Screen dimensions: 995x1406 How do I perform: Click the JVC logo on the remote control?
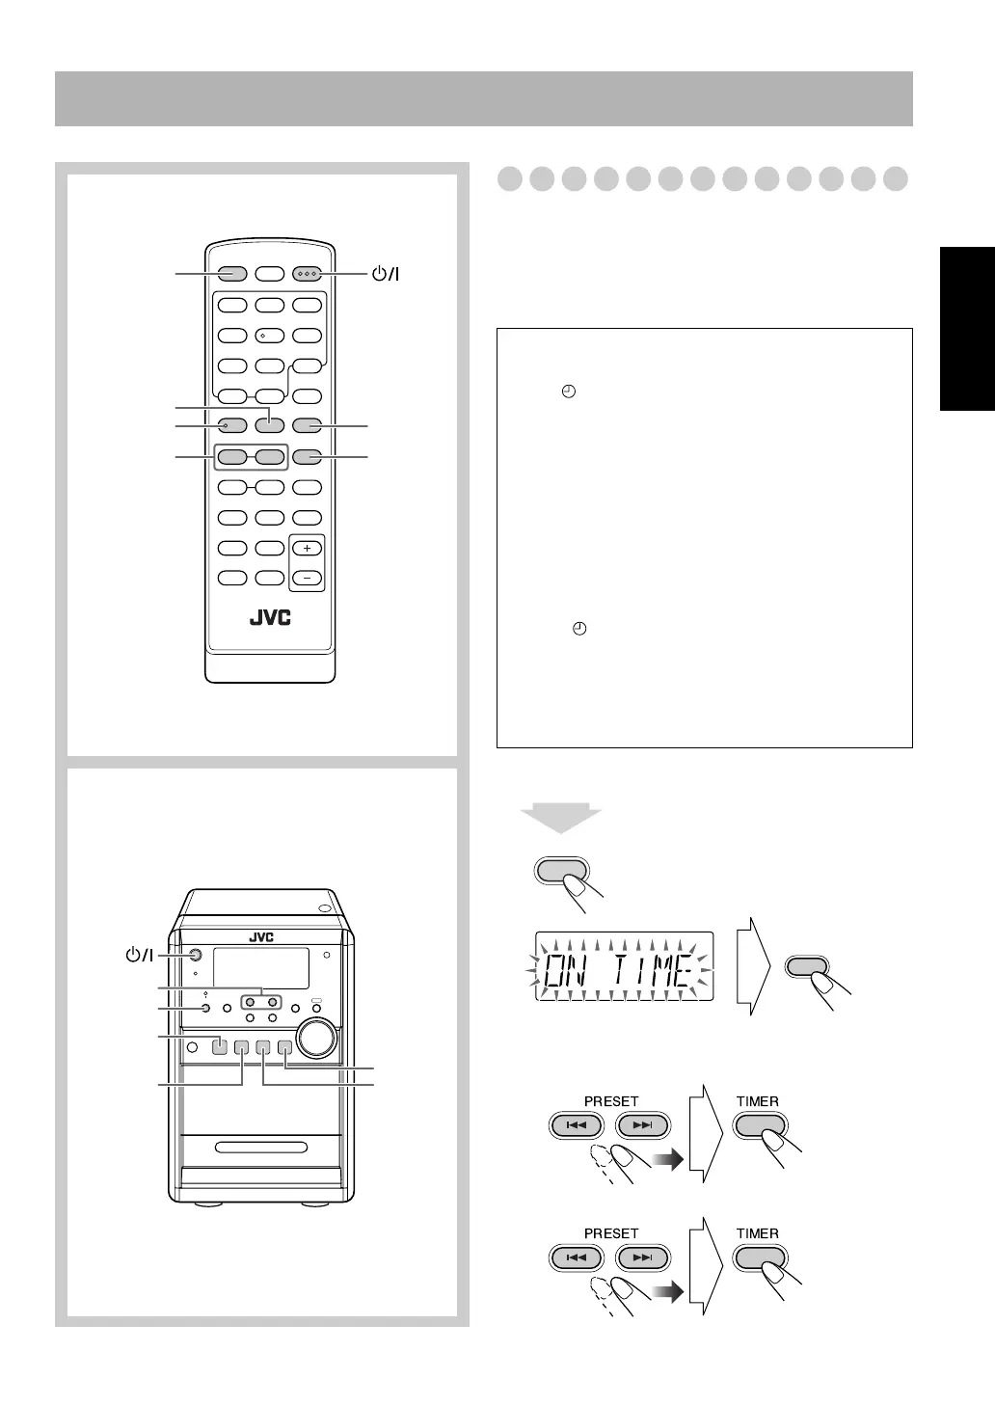tap(270, 618)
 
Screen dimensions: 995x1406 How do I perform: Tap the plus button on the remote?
tap(308, 548)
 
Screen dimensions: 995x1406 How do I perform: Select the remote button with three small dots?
tap(308, 274)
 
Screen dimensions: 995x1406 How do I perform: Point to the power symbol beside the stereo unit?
tap(140, 956)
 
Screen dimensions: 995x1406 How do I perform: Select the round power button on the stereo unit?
tap(195, 956)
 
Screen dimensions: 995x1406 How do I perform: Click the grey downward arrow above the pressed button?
tap(561, 819)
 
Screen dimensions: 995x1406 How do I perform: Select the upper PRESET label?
tap(611, 1101)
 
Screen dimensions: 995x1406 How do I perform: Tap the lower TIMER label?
tap(758, 1233)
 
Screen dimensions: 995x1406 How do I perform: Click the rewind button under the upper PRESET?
tap(577, 1125)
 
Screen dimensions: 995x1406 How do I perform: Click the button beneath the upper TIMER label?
tap(761, 1125)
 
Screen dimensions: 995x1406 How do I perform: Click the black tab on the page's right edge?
tap(967, 329)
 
